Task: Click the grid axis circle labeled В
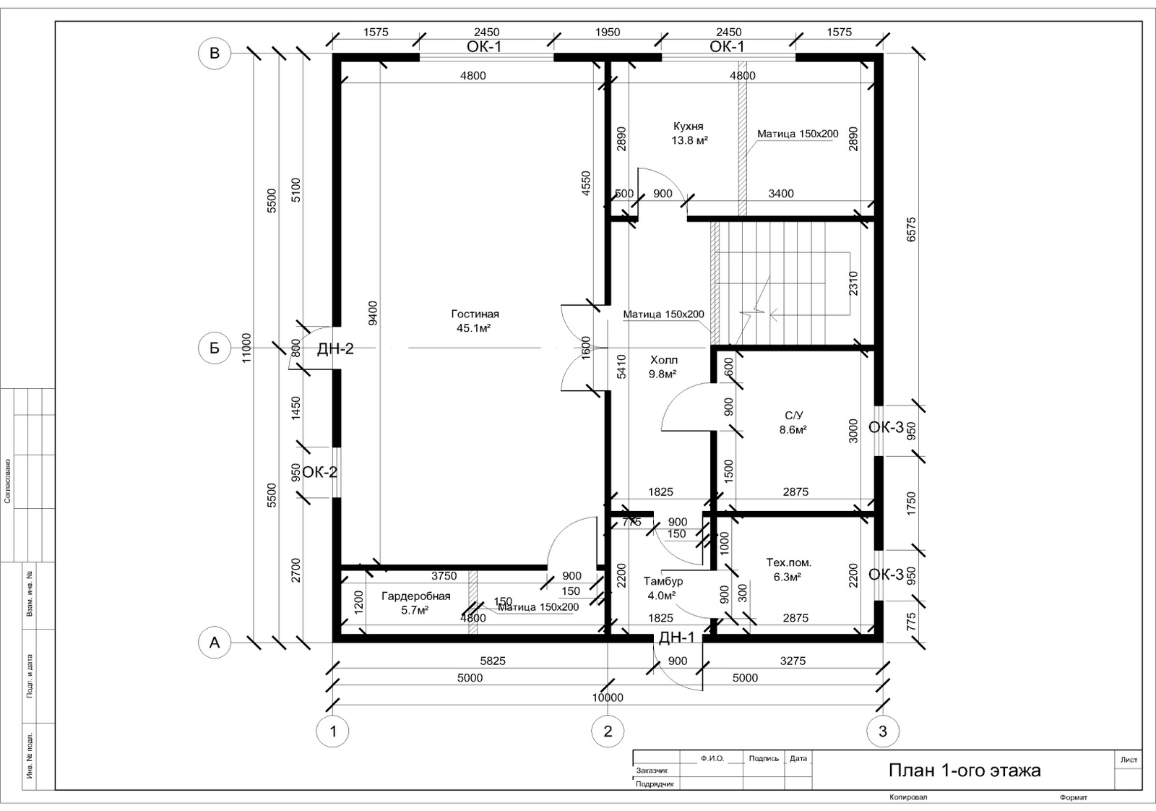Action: point(214,53)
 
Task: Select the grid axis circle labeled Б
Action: point(214,348)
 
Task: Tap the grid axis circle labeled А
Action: point(214,643)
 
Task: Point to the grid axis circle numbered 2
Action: point(608,731)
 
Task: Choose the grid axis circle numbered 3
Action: point(883,731)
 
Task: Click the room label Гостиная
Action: point(475,314)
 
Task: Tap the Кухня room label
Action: point(689,126)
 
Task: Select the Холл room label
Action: point(664,360)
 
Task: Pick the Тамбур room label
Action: point(663,581)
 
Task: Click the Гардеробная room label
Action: point(416,596)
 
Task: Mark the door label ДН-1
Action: point(676,638)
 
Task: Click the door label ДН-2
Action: point(335,349)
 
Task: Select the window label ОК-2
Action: point(320,472)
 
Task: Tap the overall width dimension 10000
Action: point(608,698)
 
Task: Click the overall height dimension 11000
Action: point(246,348)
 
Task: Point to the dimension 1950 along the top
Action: point(608,32)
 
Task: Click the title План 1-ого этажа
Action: point(965,771)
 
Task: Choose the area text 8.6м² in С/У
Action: point(793,429)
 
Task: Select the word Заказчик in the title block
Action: point(652,771)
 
